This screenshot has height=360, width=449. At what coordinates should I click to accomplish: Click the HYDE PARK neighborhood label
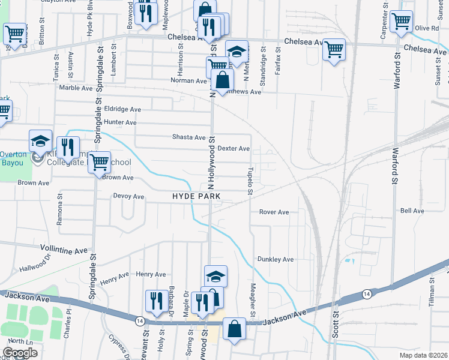click(196, 196)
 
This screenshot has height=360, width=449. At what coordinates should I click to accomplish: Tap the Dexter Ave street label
click(234, 148)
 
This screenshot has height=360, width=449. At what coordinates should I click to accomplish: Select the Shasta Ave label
click(189, 137)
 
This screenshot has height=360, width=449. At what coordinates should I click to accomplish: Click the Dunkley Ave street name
click(275, 259)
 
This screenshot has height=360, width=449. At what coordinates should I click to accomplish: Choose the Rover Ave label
click(274, 212)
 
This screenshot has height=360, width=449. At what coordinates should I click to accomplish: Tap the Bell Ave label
click(412, 211)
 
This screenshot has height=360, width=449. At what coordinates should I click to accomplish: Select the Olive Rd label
click(427, 28)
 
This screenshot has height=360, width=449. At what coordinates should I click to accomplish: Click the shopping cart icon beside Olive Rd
click(401, 21)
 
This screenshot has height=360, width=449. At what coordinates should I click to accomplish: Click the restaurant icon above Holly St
click(156, 301)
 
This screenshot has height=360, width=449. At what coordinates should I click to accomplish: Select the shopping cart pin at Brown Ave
click(99, 161)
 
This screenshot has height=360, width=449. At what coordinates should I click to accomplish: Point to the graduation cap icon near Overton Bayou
click(40, 142)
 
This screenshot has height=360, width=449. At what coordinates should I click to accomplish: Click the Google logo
click(20, 353)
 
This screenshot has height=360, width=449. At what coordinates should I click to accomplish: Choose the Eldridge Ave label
click(122, 109)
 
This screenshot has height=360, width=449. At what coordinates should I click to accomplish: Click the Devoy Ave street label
click(128, 196)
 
